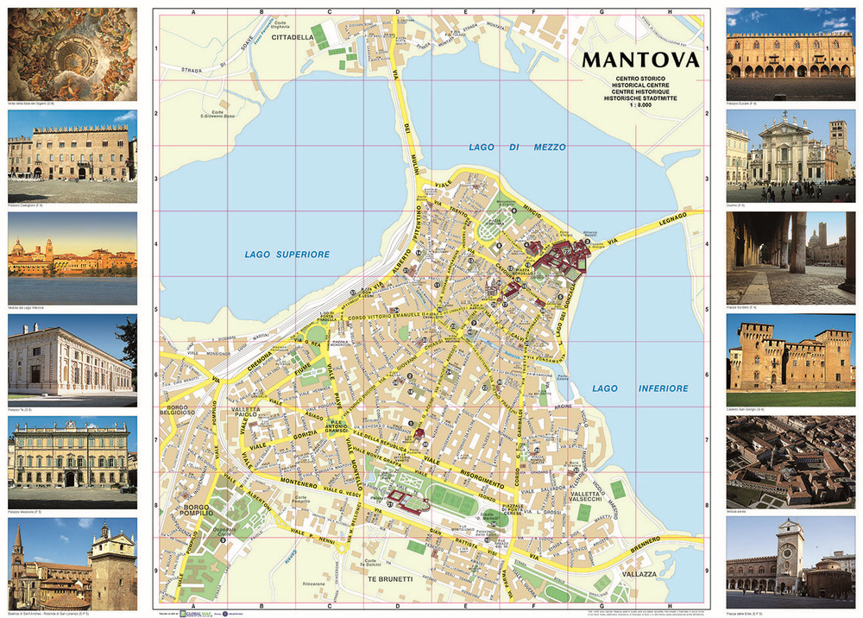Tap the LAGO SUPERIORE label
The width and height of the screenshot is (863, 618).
(287, 254)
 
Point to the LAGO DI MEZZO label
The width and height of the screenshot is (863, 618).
(517, 148)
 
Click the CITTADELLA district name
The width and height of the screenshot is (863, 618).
(293, 38)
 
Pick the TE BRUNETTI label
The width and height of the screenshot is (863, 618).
(389, 578)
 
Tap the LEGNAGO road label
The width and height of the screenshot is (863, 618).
(671, 219)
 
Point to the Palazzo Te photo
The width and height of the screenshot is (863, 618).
(72, 356)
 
